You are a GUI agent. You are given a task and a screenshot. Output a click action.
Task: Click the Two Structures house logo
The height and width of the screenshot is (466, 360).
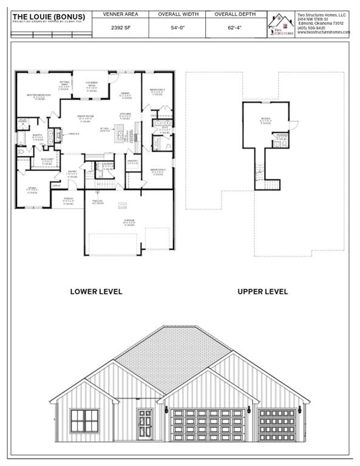281,24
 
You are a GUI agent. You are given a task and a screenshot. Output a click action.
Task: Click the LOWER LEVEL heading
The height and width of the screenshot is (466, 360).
96,291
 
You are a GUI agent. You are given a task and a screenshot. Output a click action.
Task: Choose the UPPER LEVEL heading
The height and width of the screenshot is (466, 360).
262,291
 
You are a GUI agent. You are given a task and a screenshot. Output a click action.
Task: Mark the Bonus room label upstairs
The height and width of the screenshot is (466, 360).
265,119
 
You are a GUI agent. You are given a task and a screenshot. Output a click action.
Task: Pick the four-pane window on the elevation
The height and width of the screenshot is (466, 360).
84,420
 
